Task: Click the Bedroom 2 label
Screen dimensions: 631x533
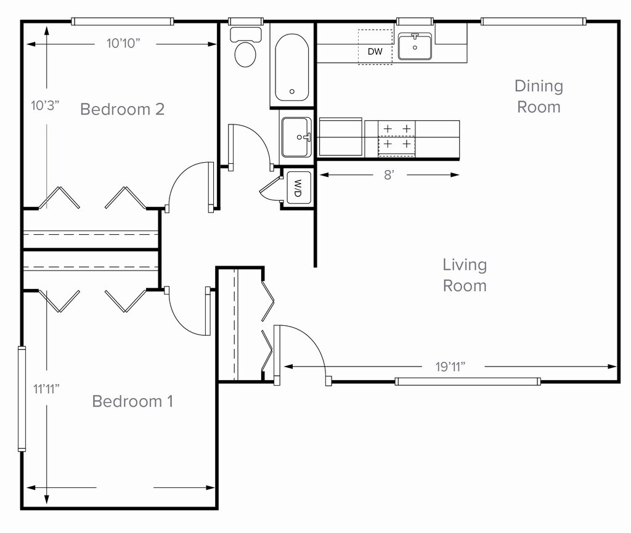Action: (123, 109)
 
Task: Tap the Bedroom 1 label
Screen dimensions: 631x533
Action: (132, 401)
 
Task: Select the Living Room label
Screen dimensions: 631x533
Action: (465, 275)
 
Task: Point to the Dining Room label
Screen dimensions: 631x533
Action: (539, 97)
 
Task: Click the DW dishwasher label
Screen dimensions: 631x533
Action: (375, 52)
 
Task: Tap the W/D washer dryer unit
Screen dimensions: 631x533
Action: (298, 187)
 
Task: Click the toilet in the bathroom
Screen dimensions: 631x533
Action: (245, 47)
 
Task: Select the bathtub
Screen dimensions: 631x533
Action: (291, 67)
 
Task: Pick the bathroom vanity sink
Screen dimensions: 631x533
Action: (296, 137)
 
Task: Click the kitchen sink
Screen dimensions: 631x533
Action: (415, 46)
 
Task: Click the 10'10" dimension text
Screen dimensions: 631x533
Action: (123, 44)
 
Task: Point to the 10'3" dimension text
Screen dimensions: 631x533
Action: (45, 106)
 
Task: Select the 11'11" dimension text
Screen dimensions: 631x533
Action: (46, 389)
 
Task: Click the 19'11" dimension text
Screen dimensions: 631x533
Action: (450, 367)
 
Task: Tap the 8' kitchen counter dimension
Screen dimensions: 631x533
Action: (389, 175)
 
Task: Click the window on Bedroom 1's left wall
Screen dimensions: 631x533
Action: (22, 399)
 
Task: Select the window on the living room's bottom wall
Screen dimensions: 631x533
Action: (468, 381)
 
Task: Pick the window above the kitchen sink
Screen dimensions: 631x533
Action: (415, 22)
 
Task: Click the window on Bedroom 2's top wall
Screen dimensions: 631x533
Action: (123, 22)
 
